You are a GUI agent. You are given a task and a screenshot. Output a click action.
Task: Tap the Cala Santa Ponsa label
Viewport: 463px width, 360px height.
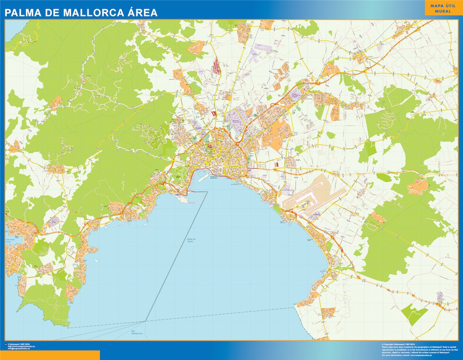point(12,240)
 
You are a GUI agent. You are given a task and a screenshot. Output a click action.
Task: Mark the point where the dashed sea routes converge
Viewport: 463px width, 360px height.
point(145,321)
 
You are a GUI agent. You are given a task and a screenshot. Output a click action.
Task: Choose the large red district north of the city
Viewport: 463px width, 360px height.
point(217,66)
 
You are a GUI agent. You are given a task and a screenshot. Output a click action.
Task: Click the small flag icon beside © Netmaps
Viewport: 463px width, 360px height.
point(6,344)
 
